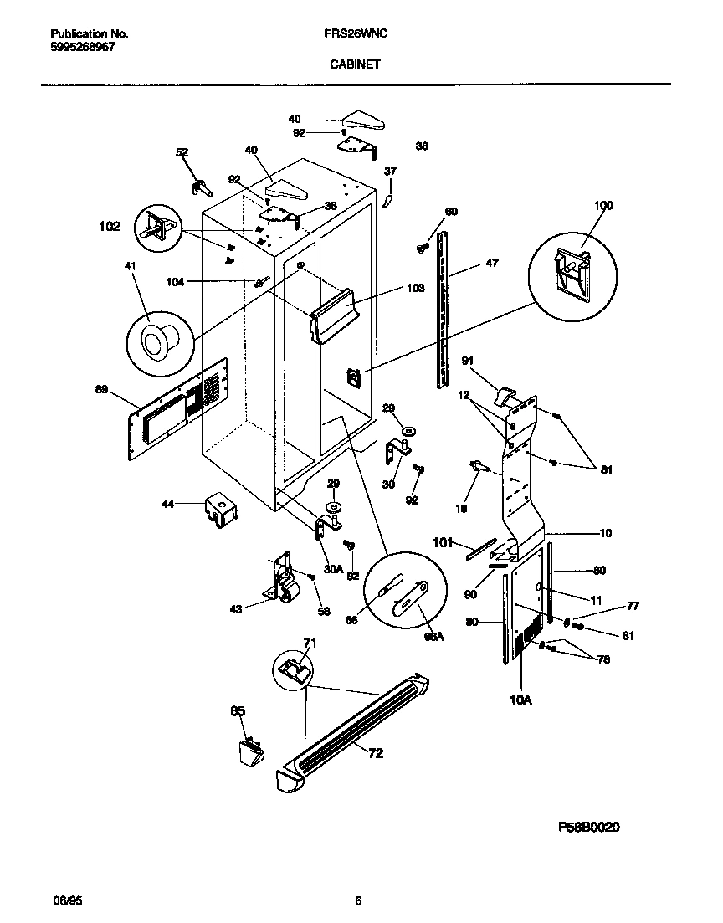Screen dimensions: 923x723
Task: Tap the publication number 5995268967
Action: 83,48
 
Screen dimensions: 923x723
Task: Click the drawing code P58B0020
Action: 589,826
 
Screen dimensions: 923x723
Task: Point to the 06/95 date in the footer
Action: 66,901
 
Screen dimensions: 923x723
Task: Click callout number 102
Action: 110,226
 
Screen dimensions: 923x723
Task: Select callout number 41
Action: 130,266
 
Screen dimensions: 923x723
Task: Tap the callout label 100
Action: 602,205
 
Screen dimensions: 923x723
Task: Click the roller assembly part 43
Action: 282,581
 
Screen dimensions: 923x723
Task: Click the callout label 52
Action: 182,152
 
